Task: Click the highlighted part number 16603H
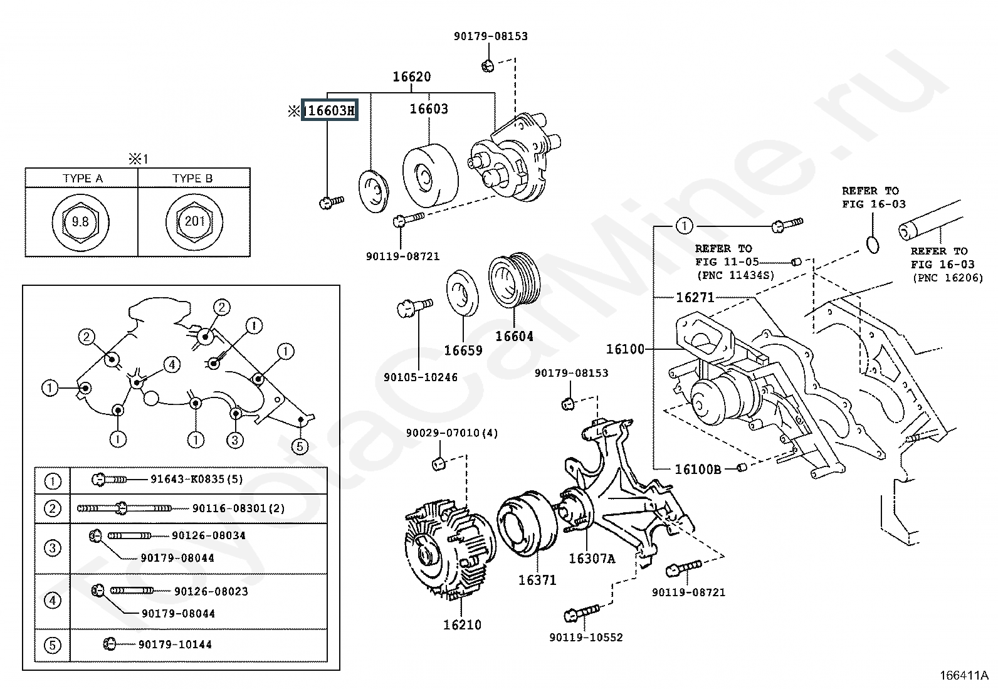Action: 330,110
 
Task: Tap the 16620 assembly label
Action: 412,76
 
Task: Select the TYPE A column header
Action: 82,178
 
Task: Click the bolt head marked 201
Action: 195,221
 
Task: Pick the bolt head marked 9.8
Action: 81,221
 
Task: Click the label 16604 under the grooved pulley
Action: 514,337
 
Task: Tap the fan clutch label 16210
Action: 462,625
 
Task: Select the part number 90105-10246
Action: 421,377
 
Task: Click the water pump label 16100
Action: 625,349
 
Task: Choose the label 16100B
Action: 698,470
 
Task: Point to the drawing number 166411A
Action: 964,676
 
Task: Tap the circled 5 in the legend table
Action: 53,645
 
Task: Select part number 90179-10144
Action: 175,644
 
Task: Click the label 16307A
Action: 592,559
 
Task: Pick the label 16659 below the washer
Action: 463,350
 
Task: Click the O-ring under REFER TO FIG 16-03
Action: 873,245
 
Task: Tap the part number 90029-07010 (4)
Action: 452,433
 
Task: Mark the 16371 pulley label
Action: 537,581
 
